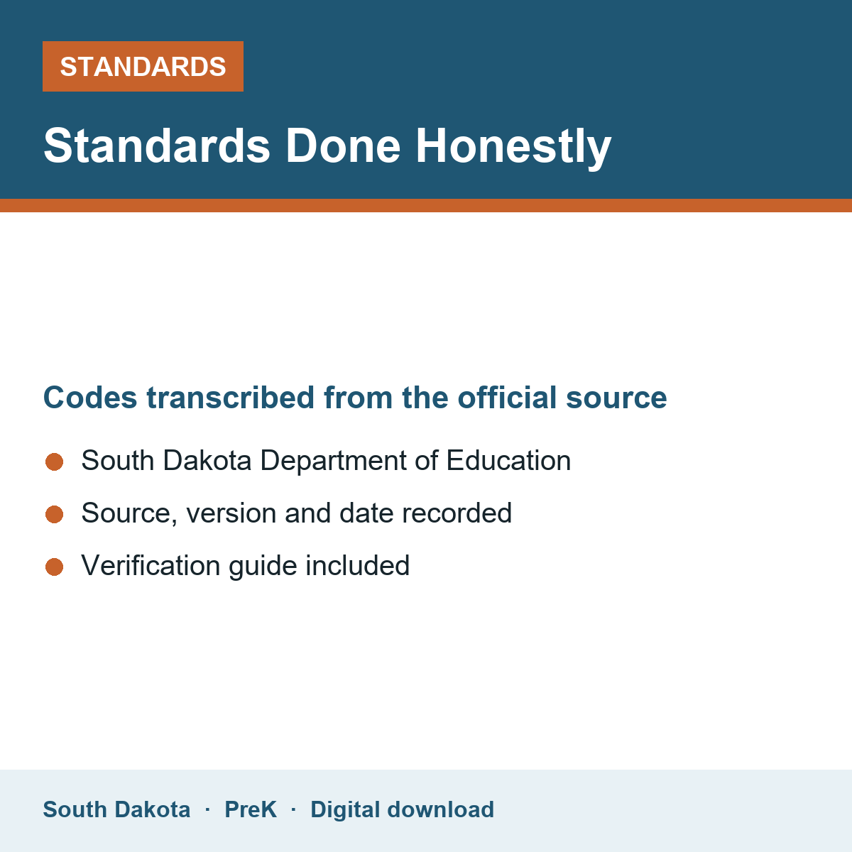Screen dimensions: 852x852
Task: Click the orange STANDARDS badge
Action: click(x=143, y=66)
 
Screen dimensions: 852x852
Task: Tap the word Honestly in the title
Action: click(x=513, y=147)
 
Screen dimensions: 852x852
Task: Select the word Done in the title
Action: click(x=343, y=146)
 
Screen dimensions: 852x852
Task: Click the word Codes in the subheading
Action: click(x=90, y=398)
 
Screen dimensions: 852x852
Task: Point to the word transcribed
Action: click(x=230, y=398)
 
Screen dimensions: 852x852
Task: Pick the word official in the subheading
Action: click(x=507, y=397)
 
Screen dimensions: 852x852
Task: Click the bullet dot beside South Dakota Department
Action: click(x=55, y=462)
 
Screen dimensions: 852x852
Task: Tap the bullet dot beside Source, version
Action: click(x=55, y=515)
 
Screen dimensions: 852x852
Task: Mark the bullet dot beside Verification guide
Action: click(x=55, y=567)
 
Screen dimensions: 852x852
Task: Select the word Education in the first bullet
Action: click(x=508, y=461)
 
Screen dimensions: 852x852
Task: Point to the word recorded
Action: click(x=457, y=513)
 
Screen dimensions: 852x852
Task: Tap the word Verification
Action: click(x=151, y=566)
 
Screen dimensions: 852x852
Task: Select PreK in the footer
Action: click(x=251, y=810)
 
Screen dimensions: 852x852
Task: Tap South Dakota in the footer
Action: click(x=116, y=810)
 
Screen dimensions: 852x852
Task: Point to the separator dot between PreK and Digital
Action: click(x=293, y=810)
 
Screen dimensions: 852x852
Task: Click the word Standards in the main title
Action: click(x=157, y=146)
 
